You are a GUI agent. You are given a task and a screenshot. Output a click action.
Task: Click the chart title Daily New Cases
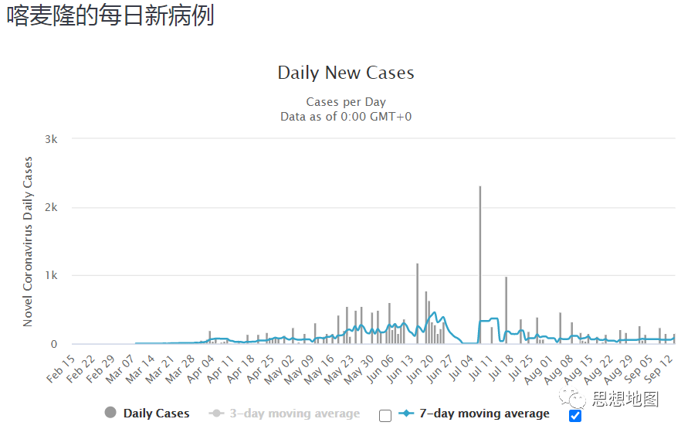tap(346, 73)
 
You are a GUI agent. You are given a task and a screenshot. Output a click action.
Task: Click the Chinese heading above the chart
tap(111, 16)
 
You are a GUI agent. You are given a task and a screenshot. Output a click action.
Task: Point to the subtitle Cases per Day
tap(346, 102)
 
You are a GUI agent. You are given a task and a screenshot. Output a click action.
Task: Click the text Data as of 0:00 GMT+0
tap(346, 116)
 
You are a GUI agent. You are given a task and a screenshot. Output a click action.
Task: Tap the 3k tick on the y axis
tap(51, 139)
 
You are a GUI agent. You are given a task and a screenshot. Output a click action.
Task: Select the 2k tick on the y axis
tap(51, 207)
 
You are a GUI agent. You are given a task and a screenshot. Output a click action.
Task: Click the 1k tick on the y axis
tap(51, 275)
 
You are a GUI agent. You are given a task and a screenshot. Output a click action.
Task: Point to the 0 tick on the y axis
tap(53, 344)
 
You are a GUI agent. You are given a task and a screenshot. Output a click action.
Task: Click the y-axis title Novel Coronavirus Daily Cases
tap(28, 241)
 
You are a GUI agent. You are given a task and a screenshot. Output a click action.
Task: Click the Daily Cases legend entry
tap(156, 414)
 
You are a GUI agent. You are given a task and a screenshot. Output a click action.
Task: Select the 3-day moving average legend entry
tap(294, 414)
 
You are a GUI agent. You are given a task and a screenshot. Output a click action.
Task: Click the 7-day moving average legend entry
tap(484, 414)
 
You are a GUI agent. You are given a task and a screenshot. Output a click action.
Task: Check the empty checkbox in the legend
tap(385, 415)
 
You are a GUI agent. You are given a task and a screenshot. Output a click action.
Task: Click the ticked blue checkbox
tap(574, 415)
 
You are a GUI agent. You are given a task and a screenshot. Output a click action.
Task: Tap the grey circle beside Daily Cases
tap(110, 414)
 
